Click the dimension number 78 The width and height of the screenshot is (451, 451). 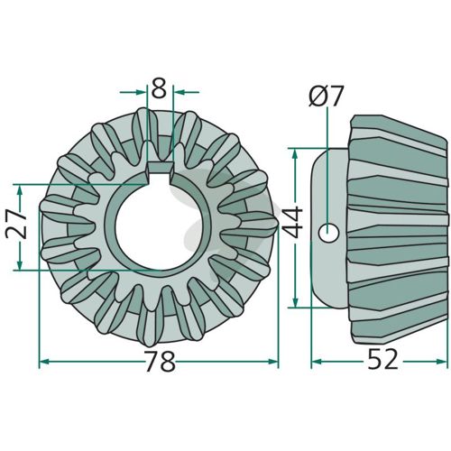click(160, 361)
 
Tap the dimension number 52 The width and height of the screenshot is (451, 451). click(382, 360)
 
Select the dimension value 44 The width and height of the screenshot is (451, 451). click(293, 222)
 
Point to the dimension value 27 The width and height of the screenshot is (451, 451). click(16, 225)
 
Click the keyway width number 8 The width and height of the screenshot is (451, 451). click(159, 88)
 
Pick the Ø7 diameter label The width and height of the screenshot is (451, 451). click(326, 96)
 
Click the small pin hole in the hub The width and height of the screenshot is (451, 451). click(328, 233)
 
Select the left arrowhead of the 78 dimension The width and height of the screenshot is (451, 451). click(44, 361)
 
